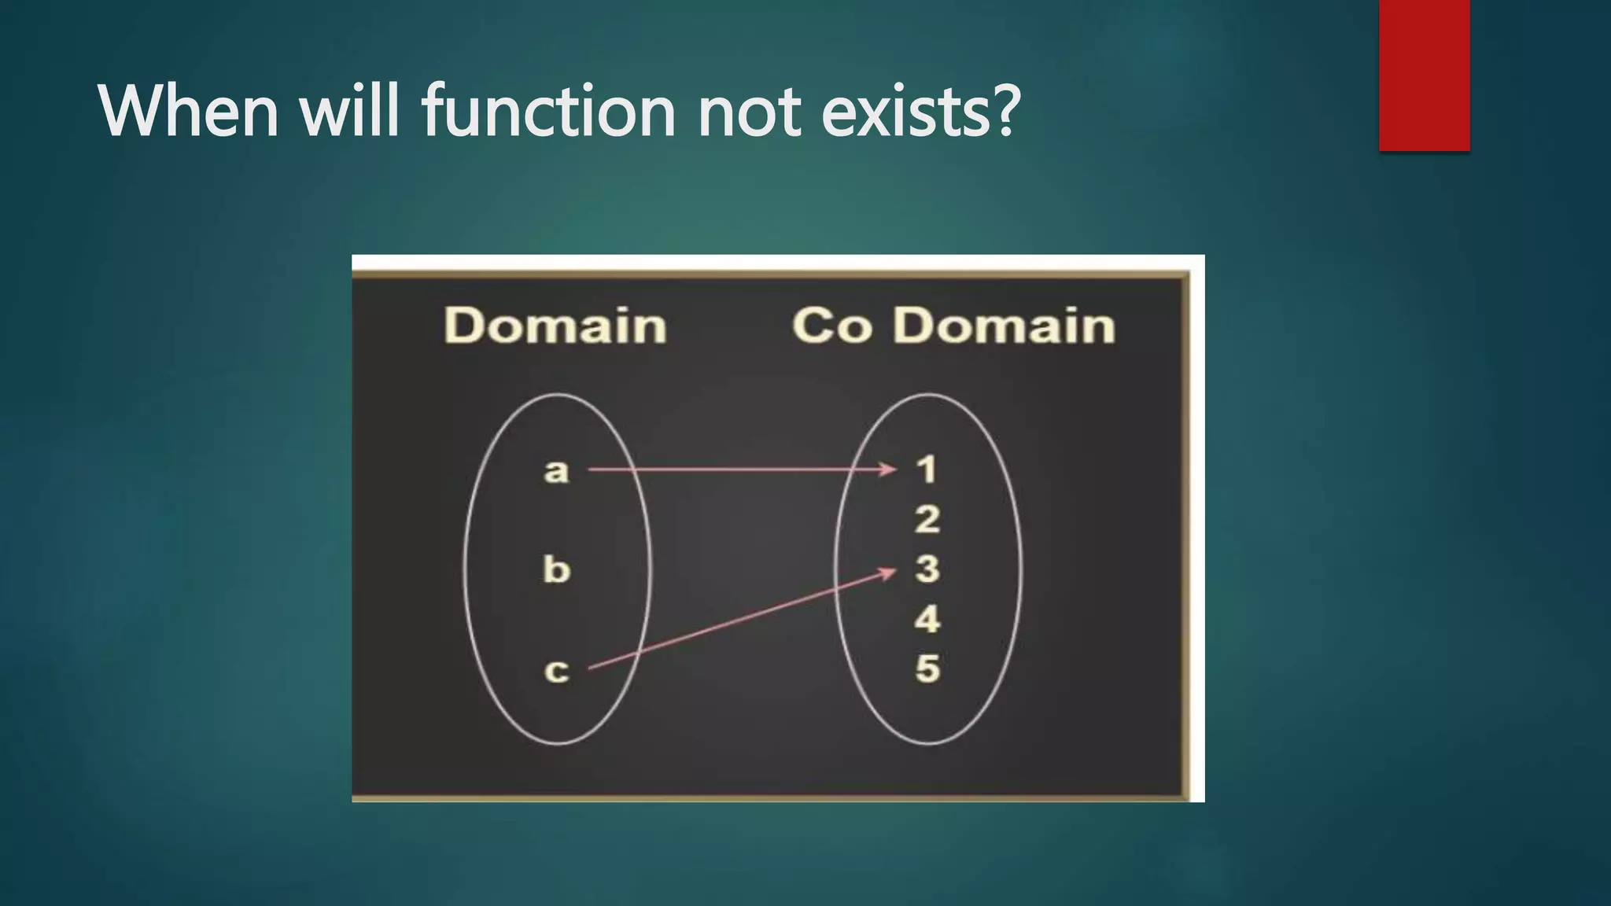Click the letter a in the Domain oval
click(x=556, y=470)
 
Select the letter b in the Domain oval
click(x=556, y=569)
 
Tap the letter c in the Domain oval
click(x=556, y=671)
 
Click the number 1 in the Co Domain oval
click(x=927, y=470)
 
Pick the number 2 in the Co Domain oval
click(x=927, y=520)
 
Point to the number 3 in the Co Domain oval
click(x=927, y=569)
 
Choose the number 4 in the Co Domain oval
click(x=927, y=619)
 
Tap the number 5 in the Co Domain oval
click(x=927, y=668)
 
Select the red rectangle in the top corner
click(x=1424, y=75)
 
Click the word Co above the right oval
click(x=831, y=326)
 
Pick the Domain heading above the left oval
click(x=555, y=326)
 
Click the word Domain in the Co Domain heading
click(x=1004, y=326)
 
